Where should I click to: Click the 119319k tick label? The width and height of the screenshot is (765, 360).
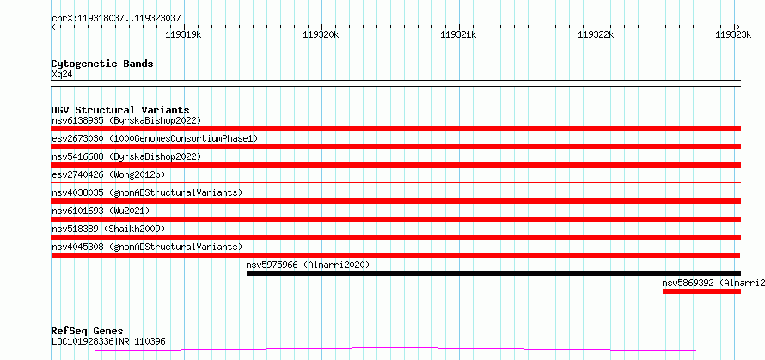[x=183, y=34]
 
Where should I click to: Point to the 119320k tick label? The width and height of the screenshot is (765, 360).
[x=321, y=34]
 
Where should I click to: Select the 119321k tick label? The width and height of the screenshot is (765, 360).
[x=459, y=34]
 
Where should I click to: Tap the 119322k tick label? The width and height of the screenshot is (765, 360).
[x=596, y=34]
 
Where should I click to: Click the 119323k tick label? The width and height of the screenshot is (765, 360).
[x=733, y=34]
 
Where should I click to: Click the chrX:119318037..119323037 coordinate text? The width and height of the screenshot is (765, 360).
[x=117, y=19]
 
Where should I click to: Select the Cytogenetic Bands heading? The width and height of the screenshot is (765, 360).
[x=102, y=64]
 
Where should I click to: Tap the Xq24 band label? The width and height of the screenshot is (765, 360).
[x=63, y=75]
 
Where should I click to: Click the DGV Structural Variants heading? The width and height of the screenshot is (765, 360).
[x=120, y=110]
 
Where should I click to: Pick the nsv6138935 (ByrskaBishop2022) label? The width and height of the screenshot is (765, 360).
[x=126, y=120]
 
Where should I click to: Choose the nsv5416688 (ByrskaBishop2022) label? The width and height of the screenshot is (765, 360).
[x=126, y=156]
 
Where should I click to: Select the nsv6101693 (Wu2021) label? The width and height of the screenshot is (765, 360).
[x=101, y=211]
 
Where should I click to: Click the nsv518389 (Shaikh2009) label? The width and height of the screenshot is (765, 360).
[x=108, y=229]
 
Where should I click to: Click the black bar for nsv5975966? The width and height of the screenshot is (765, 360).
[x=493, y=273]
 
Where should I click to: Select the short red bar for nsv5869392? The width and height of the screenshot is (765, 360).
[x=701, y=291]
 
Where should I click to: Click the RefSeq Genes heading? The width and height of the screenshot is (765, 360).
[x=88, y=332]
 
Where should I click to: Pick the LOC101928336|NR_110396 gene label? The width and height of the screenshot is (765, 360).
[x=108, y=341]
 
